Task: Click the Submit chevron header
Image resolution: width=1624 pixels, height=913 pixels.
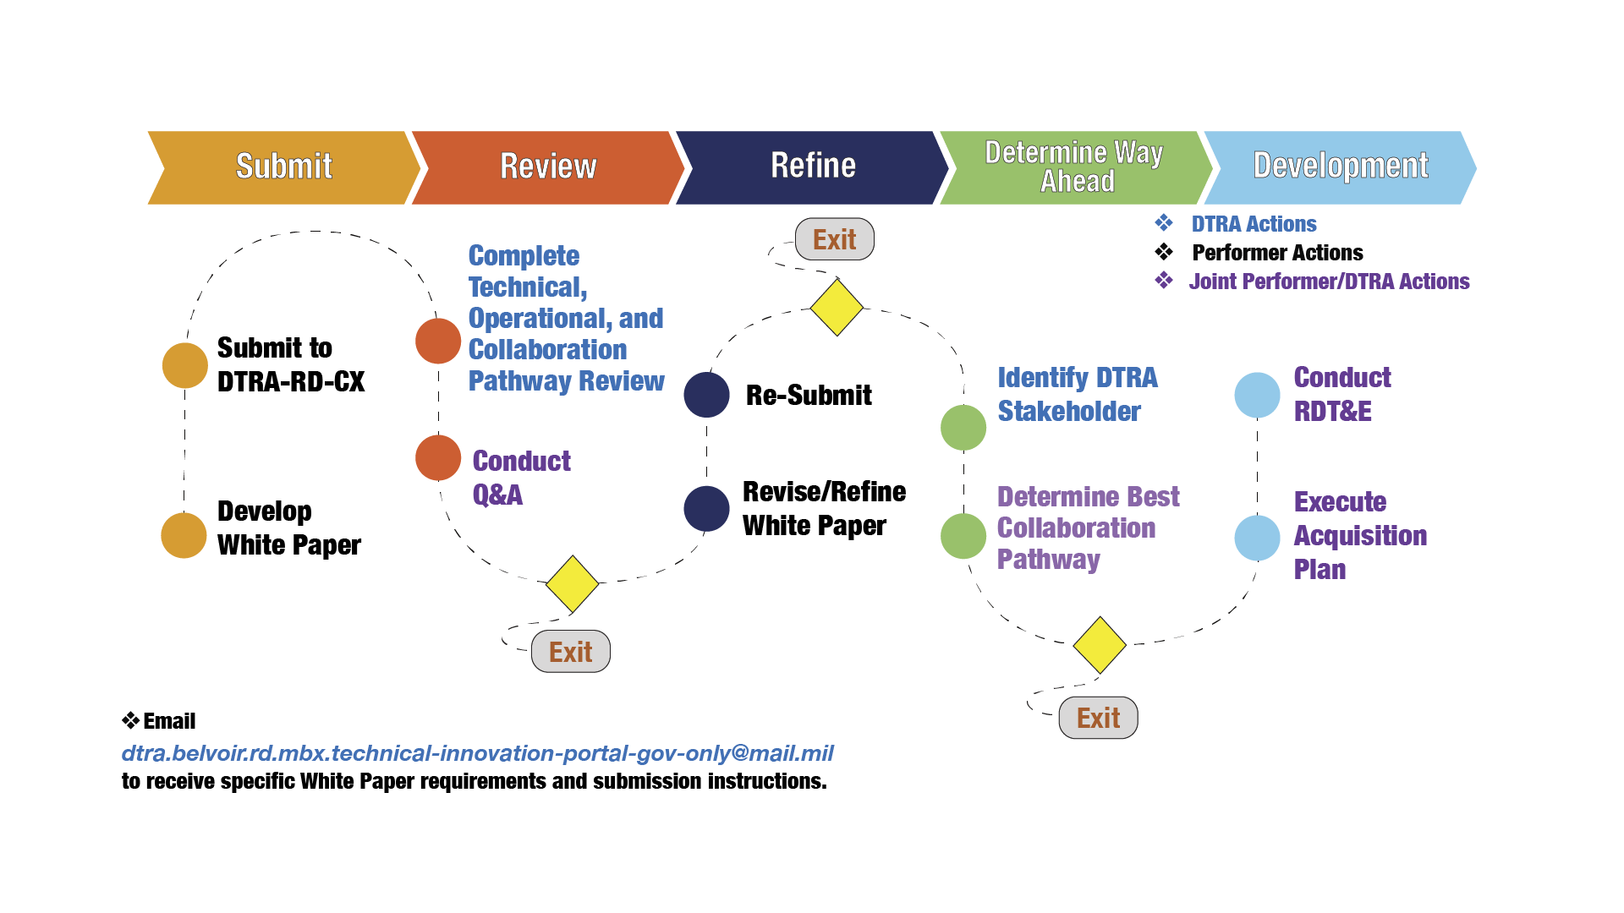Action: (283, 167)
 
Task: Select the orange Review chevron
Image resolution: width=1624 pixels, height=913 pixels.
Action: (548, 167)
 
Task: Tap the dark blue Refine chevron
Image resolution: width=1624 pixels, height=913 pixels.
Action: (813, 167)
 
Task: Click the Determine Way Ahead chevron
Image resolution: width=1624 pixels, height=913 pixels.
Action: (1074, 167)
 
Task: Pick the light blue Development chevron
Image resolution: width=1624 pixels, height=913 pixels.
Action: (1340, 167)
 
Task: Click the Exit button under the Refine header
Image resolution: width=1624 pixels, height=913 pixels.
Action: (834, 240)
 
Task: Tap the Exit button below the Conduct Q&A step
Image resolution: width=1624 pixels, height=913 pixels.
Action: (570, 652)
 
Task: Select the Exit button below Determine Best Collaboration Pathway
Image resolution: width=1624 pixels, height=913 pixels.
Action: (1098, 718)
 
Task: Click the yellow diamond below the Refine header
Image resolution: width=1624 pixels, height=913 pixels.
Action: (837, 308)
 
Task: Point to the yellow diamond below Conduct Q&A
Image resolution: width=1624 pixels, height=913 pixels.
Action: (572, 584)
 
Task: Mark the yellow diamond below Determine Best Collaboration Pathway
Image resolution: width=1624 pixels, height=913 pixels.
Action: (1100, 645)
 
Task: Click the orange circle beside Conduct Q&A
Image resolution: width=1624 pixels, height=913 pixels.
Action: (438, 458)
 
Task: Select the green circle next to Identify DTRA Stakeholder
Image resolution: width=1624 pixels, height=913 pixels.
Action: (963, 427)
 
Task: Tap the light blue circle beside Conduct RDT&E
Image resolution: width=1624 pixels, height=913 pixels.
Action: (1257, 395)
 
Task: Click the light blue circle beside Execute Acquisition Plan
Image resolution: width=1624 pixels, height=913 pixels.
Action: (1257, 538)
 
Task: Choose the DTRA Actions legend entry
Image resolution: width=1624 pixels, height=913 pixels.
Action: (1254, 224)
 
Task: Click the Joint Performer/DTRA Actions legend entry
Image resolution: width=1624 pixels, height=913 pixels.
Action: (1329, 282)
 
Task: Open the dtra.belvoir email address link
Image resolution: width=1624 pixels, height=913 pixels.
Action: (477, 753)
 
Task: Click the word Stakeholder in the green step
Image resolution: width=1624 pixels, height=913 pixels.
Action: (1069, 412)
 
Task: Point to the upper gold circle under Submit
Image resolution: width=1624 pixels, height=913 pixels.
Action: (185, 366)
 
